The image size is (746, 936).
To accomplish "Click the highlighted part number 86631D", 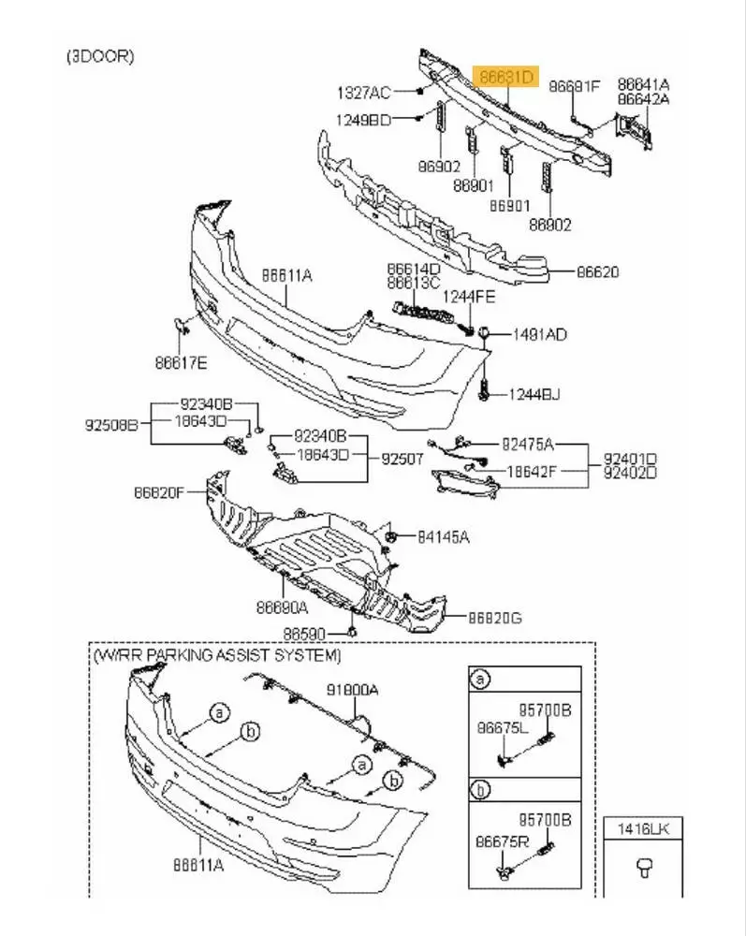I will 506,75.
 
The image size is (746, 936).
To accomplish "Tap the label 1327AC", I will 363,93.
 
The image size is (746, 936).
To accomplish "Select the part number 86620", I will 597,272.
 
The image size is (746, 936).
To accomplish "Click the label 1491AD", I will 538,334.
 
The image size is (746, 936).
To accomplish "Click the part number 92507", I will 402,460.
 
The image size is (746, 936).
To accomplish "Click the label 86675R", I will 502,842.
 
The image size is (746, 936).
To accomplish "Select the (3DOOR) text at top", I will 100,56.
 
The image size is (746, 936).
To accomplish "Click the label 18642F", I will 531,473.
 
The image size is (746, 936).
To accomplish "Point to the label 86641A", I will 643,84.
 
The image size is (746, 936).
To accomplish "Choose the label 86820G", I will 495,618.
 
